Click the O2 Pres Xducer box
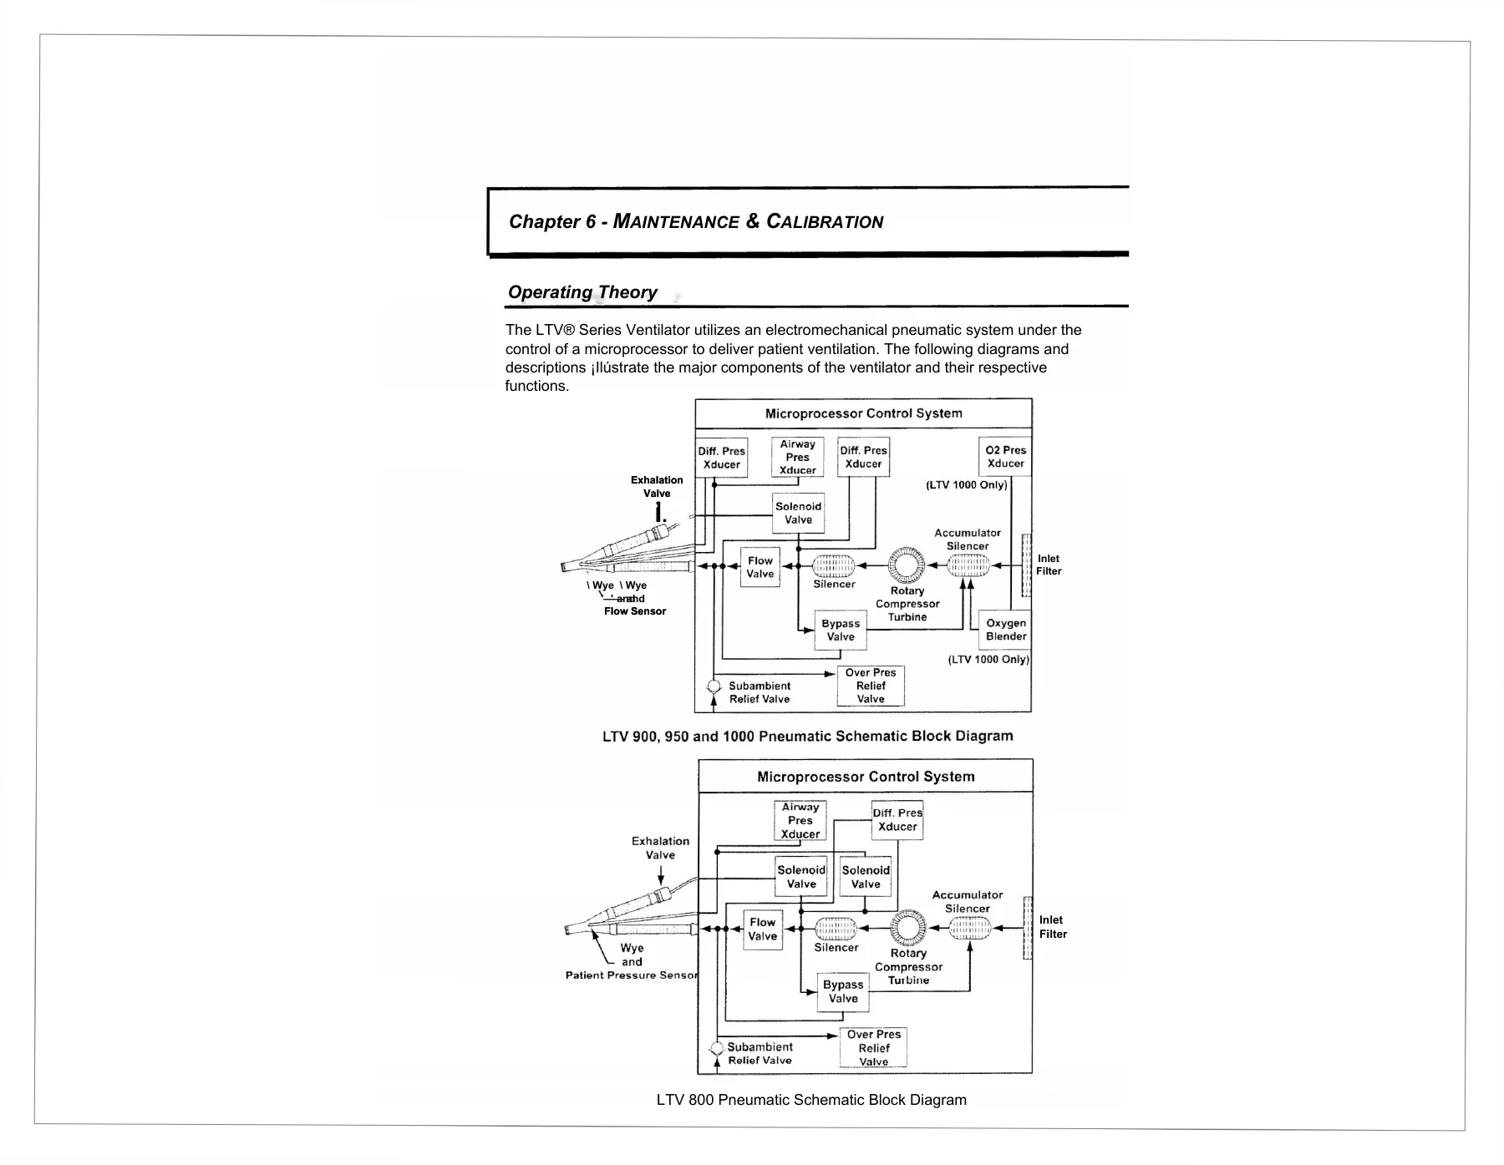(1004, 457)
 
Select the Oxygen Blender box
(1005, 630)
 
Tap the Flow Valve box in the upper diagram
(760, 567)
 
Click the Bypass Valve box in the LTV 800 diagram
(843, 992)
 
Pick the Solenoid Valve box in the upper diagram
(799, 513)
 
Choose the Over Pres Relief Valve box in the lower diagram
(873, 1047)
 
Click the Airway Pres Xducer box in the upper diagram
(798, 457)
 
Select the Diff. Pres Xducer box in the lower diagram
(897, 820)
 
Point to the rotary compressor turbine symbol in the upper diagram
(907, 565)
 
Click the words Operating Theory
(582, 292)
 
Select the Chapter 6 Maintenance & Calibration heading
(696, 221)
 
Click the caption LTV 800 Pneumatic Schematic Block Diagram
(811, 1100)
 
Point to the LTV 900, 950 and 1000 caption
(808, 737)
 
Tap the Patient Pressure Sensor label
(632, 975)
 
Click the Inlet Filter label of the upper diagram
(1049, 565)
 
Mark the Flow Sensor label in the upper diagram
(635, 611)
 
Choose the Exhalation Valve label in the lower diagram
(660, 848)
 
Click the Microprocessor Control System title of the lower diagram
(866, 777)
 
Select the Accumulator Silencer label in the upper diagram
(968, 539)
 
